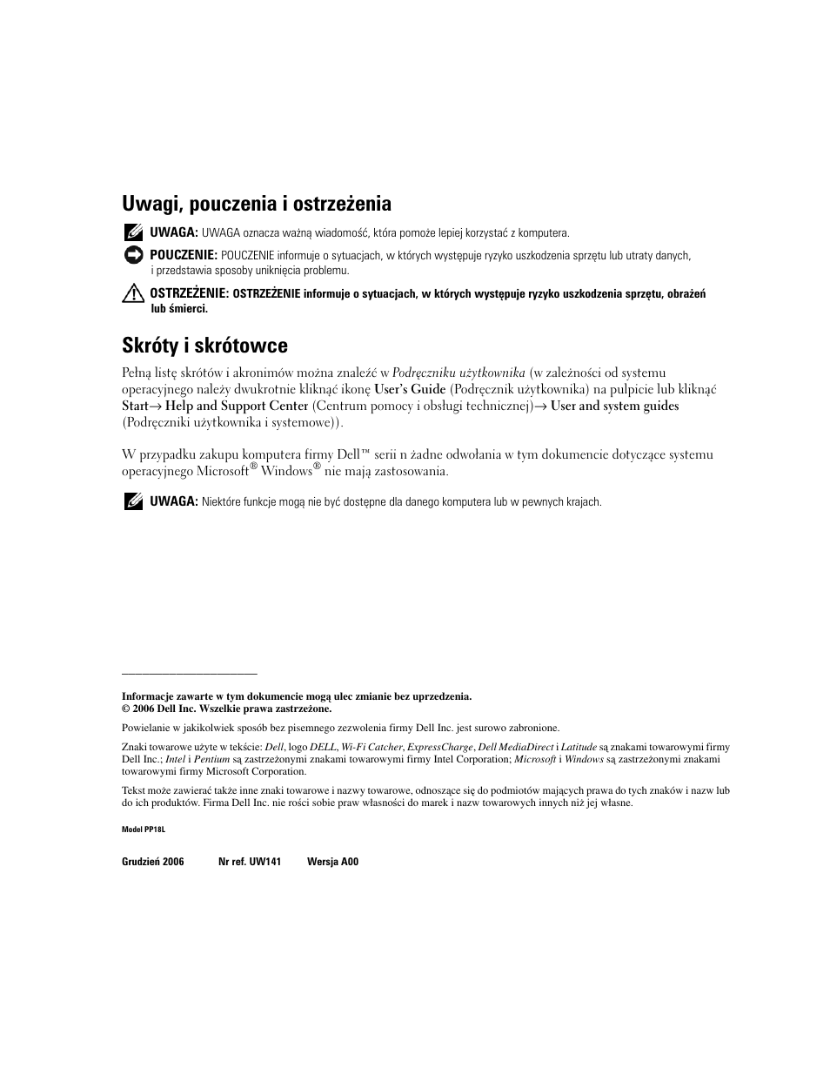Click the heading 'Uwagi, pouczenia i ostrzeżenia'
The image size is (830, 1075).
[256, 205]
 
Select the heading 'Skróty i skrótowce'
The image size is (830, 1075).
[204, 346]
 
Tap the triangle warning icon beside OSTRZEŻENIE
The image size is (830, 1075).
[132, 294]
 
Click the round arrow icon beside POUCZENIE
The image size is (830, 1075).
[132, 255]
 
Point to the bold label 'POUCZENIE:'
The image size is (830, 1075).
[183, 255]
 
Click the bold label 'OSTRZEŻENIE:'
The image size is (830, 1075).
[189, 293]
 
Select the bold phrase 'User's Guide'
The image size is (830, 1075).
[410, 390]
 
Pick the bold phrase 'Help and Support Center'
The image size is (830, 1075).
[237, 406]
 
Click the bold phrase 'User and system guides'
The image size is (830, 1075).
[615, 406]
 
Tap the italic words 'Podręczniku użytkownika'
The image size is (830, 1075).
[459, 373]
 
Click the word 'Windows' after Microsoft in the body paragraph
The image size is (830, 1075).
[286, 472]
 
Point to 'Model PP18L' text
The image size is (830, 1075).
[144, 830]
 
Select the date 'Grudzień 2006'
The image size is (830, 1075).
[153, 862]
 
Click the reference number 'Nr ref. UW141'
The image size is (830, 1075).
[250, 862]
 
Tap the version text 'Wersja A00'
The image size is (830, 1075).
[332, 862]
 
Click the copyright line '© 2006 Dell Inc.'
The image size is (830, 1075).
[226, 709]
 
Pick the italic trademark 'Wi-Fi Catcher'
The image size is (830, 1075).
[371, 747]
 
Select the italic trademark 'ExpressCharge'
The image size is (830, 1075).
[440, 747]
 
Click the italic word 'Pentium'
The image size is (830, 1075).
[211, 759]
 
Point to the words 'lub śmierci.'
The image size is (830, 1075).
[179, 308]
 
